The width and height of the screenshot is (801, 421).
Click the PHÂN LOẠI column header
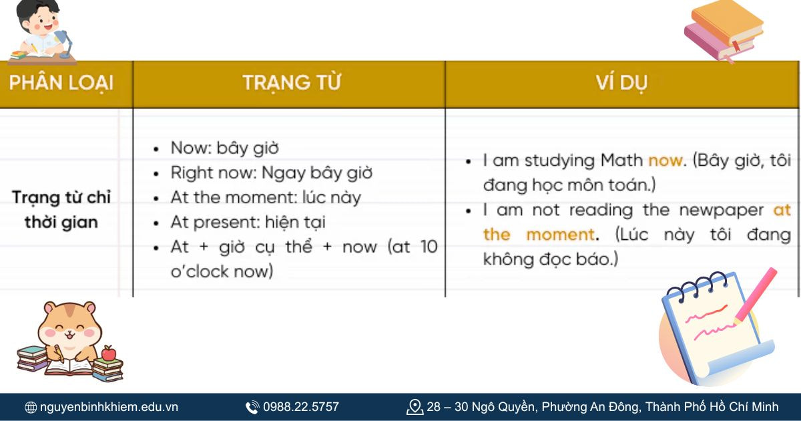coord(61,83)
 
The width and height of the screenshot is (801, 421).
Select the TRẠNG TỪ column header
coord(292,83)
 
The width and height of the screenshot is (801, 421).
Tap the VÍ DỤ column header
coord(621,83)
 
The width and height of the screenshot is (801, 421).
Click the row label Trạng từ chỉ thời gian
coord(61,210)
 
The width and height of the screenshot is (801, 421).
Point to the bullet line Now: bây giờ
coord(224,148)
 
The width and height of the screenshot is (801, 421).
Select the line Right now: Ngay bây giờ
coord(271,172)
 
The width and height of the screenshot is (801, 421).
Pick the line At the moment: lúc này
coord(265,197)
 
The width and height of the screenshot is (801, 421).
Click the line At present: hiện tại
coord(248,222)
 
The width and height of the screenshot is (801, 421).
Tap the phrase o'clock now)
coord(222,271)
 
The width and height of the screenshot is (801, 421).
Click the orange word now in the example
coord(665,160)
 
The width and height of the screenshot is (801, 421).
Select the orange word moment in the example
coord(560,235)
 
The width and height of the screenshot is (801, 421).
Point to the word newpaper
coord(722,210)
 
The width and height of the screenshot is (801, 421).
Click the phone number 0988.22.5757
coord(300,406)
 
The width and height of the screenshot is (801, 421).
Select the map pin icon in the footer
coord(415,406)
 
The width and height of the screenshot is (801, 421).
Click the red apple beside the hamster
coord(108,352)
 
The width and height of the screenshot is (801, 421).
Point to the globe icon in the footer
coord(31,407)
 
